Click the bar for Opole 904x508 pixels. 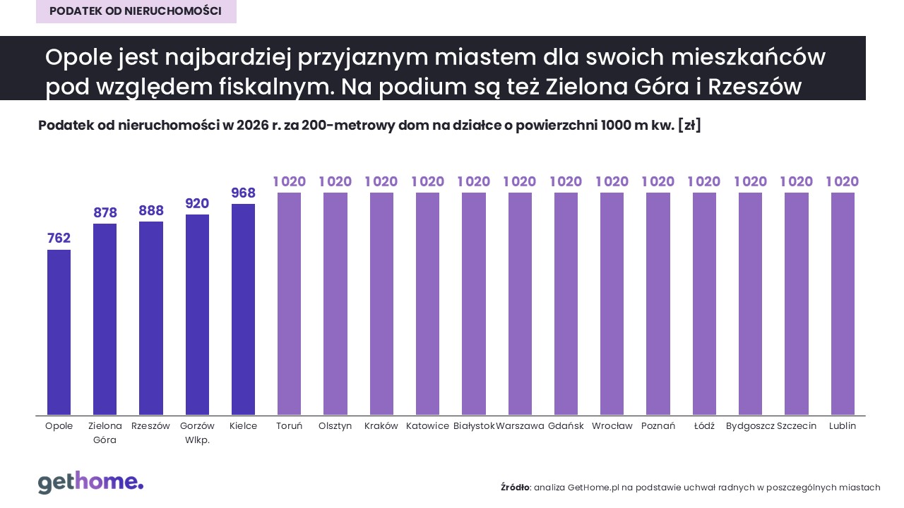point(59,332)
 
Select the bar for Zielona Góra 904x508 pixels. point(105,319)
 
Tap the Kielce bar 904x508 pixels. point(243,309)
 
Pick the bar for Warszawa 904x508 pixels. point(520,303)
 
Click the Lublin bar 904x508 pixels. point(843,303)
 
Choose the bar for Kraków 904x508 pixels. point(381,303)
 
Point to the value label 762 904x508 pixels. point(59,238)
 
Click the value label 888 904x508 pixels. point(151,211)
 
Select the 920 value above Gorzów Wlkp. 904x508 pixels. point(197,204)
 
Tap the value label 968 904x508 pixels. point(243,193)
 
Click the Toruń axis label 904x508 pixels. point(289,426)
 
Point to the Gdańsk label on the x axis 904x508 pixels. point(566,426)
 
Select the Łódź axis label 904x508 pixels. point(704,426)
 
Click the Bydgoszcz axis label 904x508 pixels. point(750,426)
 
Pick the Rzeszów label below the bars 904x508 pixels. point(151,426)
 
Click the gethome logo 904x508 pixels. point(90,483)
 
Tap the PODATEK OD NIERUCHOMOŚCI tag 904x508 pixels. point(136,11)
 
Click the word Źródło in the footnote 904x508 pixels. point(515,488)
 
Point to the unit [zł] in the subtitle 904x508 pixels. point(689,126)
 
